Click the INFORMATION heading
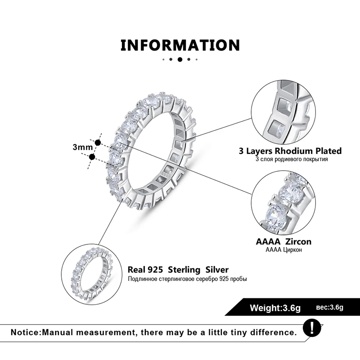point(180,45)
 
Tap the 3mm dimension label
point(82,147)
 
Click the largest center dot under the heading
point(180,59)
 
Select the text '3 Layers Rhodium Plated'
point(290,151)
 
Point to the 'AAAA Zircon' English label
point(283,242)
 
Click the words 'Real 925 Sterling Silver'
point(178,270)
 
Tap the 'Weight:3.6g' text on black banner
point(275,308)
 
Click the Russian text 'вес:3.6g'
point(329,308)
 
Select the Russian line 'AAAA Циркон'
point(283,250)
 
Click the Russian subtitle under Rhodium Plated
point(290,159)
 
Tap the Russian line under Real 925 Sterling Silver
point(187,279)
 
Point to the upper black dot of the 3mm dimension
point(98,142)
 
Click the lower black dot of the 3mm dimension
point(92,157)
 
